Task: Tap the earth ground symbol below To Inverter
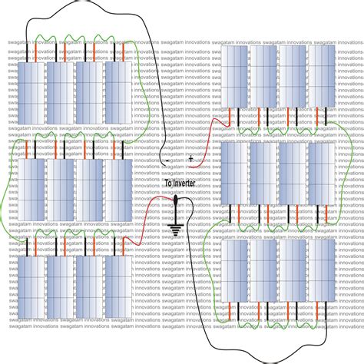click(176, 227)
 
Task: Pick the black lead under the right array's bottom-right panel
click(326, 310)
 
